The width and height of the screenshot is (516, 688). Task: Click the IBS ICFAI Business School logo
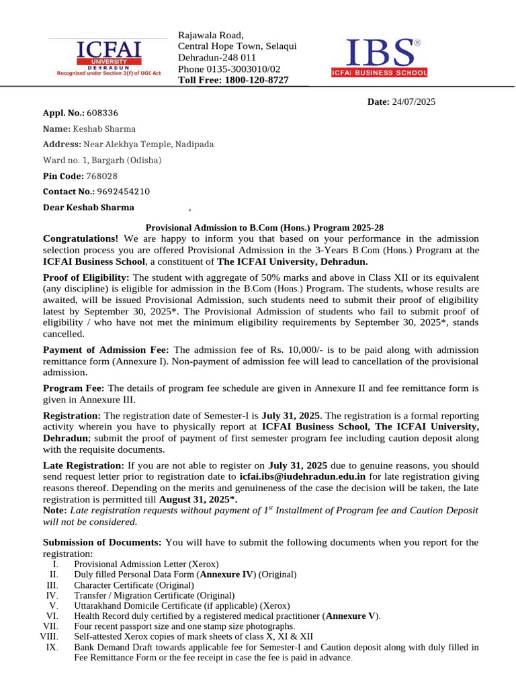(379, 58)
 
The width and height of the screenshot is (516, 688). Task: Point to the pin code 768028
(101, 176)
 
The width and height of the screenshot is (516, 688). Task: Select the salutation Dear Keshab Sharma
(89, 208)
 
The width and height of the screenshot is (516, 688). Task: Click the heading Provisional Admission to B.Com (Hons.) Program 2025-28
(265, 228)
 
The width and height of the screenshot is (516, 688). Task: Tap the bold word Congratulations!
(81, 239)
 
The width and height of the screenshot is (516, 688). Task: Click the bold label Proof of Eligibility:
(86, 277)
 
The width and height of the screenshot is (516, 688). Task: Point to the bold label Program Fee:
(74, 388)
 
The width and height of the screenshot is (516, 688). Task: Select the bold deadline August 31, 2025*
(198, 499)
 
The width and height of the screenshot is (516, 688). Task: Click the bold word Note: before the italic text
(54, 511)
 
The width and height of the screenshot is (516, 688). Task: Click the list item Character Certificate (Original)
(134, 585)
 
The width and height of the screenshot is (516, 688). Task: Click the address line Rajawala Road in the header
(210, 35)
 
